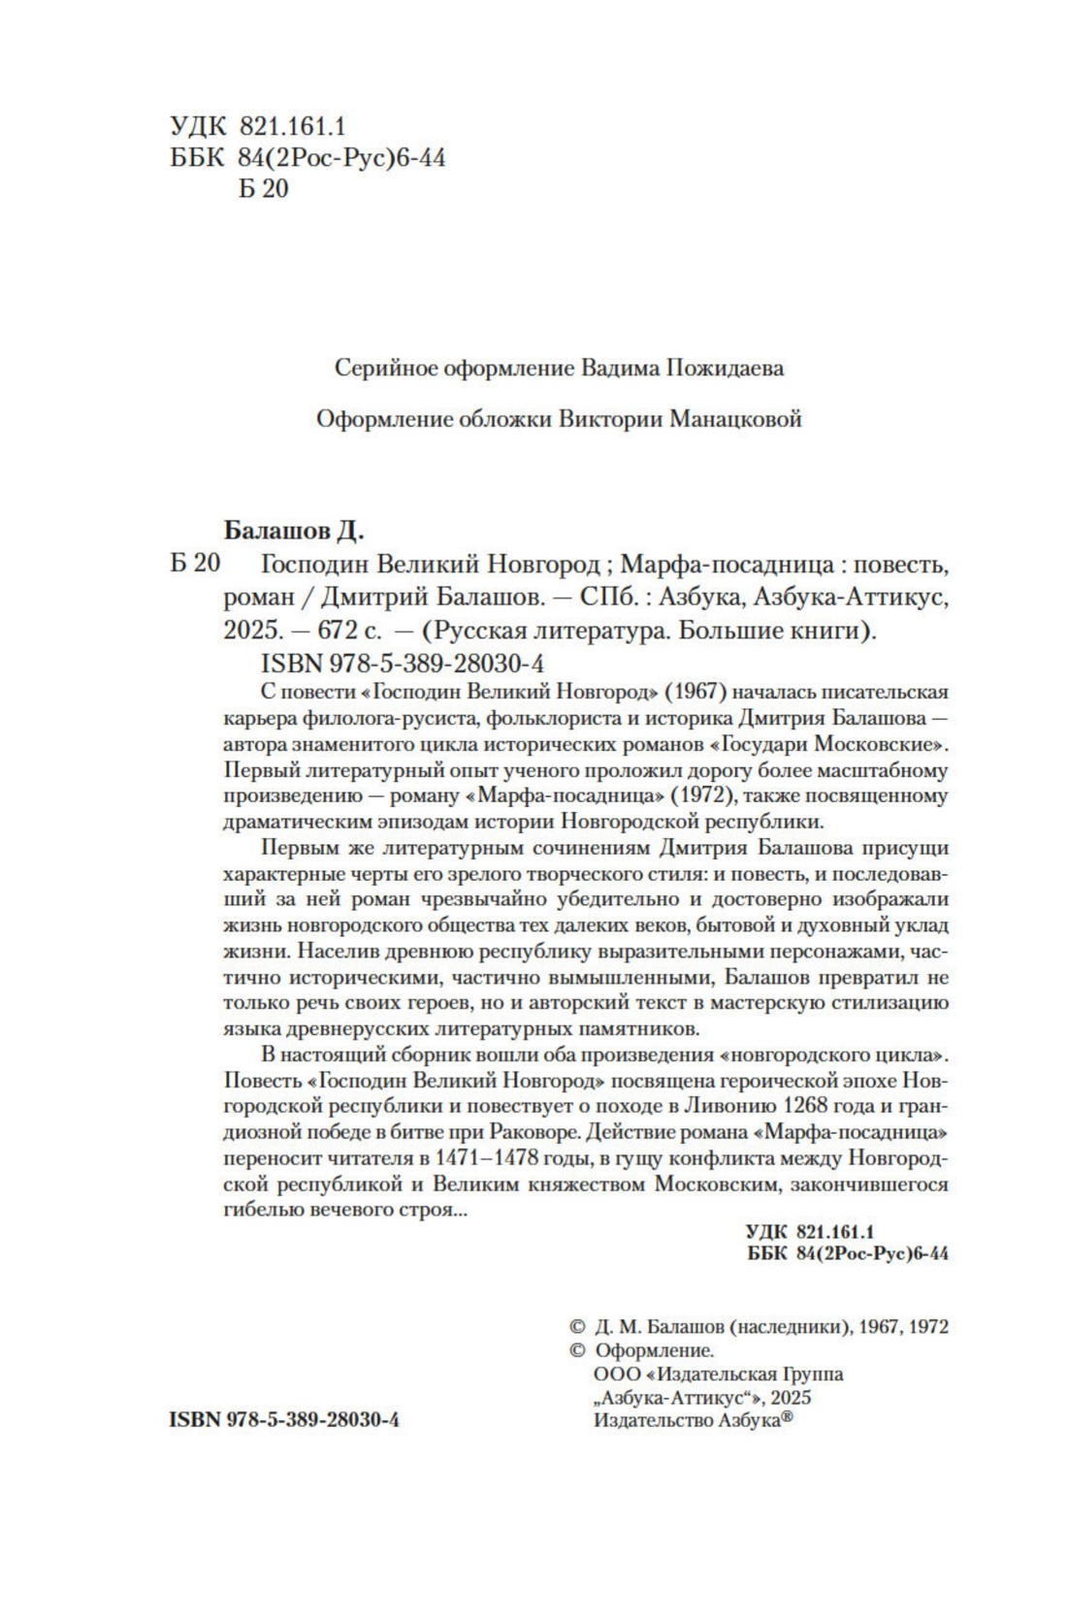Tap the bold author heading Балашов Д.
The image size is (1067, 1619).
coord(294,531)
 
